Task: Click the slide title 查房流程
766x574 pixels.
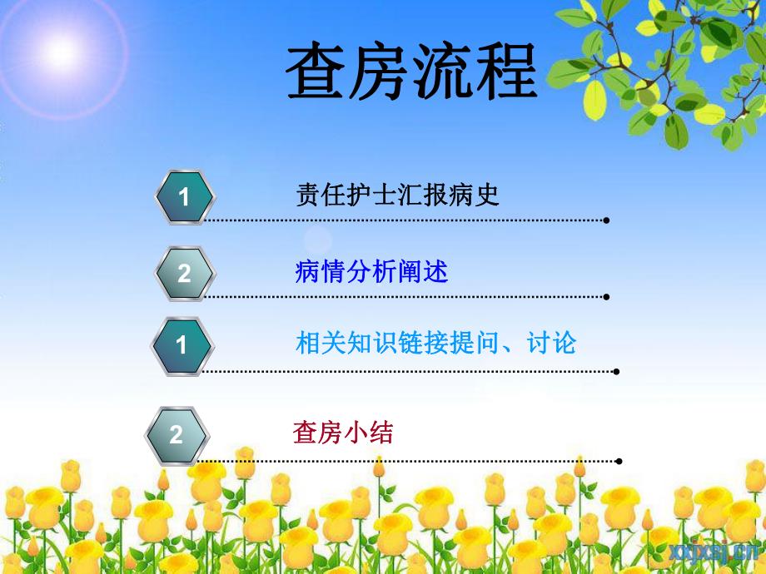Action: [411, 73]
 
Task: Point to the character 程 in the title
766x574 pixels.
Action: [507, 73]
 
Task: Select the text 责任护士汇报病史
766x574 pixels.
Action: [397, 195]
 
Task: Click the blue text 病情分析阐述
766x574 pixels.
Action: [371, 271]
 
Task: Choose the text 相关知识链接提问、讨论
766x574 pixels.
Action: [435, 342]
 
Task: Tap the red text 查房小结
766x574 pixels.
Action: [342, 433]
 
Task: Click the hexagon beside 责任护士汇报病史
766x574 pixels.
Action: [185, 197]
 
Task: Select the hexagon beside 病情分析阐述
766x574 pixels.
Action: [185, 273]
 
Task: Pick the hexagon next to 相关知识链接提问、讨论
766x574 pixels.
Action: [182, 344]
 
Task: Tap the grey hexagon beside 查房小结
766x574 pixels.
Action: [177, 434]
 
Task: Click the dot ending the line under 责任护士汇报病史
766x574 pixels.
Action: [606, 220]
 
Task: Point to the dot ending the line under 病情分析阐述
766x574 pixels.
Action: [606, 296]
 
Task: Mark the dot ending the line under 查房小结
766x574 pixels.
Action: [619, 460]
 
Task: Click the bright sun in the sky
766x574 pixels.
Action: [60, 52]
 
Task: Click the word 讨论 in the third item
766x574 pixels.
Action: [552, 342]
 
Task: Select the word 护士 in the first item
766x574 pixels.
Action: [357, 195]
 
